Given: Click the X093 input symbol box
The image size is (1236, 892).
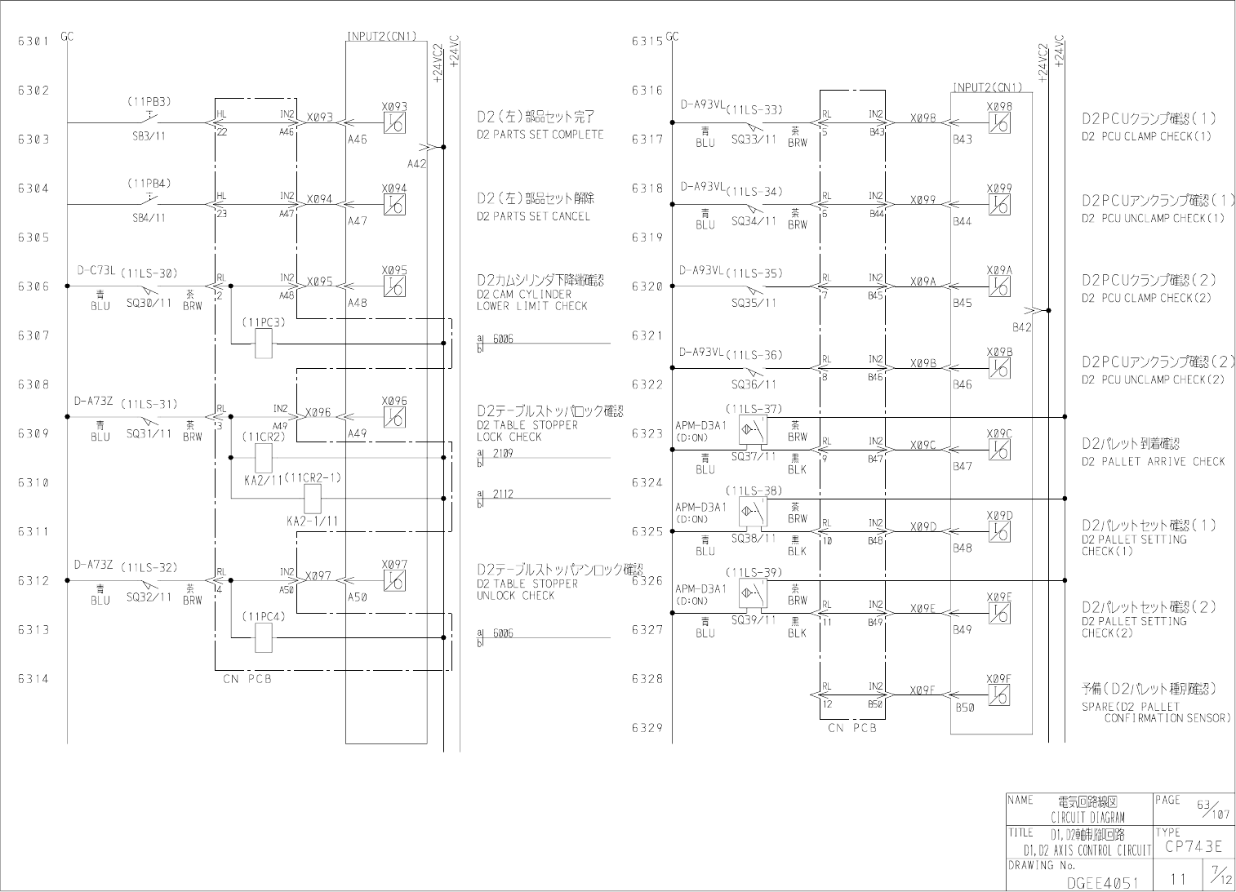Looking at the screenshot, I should coord(394,123).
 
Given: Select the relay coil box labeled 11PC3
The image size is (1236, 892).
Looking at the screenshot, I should coord(264,344).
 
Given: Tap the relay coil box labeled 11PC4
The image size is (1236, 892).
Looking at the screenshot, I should coord(264,637).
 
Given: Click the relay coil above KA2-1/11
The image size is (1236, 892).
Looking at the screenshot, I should coord(313,498).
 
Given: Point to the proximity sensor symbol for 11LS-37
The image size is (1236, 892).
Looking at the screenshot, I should coord(753,429).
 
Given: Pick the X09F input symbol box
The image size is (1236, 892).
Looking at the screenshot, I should coord(999,695).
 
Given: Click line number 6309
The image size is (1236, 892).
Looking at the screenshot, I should coord(33,433).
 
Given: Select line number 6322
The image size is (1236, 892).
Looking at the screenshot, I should coord(647,384).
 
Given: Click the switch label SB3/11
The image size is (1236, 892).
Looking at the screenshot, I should coord(149,136).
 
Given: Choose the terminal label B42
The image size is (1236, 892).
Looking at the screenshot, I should coord(1022,327).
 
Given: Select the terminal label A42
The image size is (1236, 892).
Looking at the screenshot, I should coord(416,163).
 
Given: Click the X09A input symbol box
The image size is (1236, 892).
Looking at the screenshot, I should coord(999,286).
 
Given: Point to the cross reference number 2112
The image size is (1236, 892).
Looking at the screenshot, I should coord(503,494).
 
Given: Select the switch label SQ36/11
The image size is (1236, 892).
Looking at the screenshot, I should coord(754,384).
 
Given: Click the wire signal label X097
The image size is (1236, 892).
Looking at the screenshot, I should coord(319,576).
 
